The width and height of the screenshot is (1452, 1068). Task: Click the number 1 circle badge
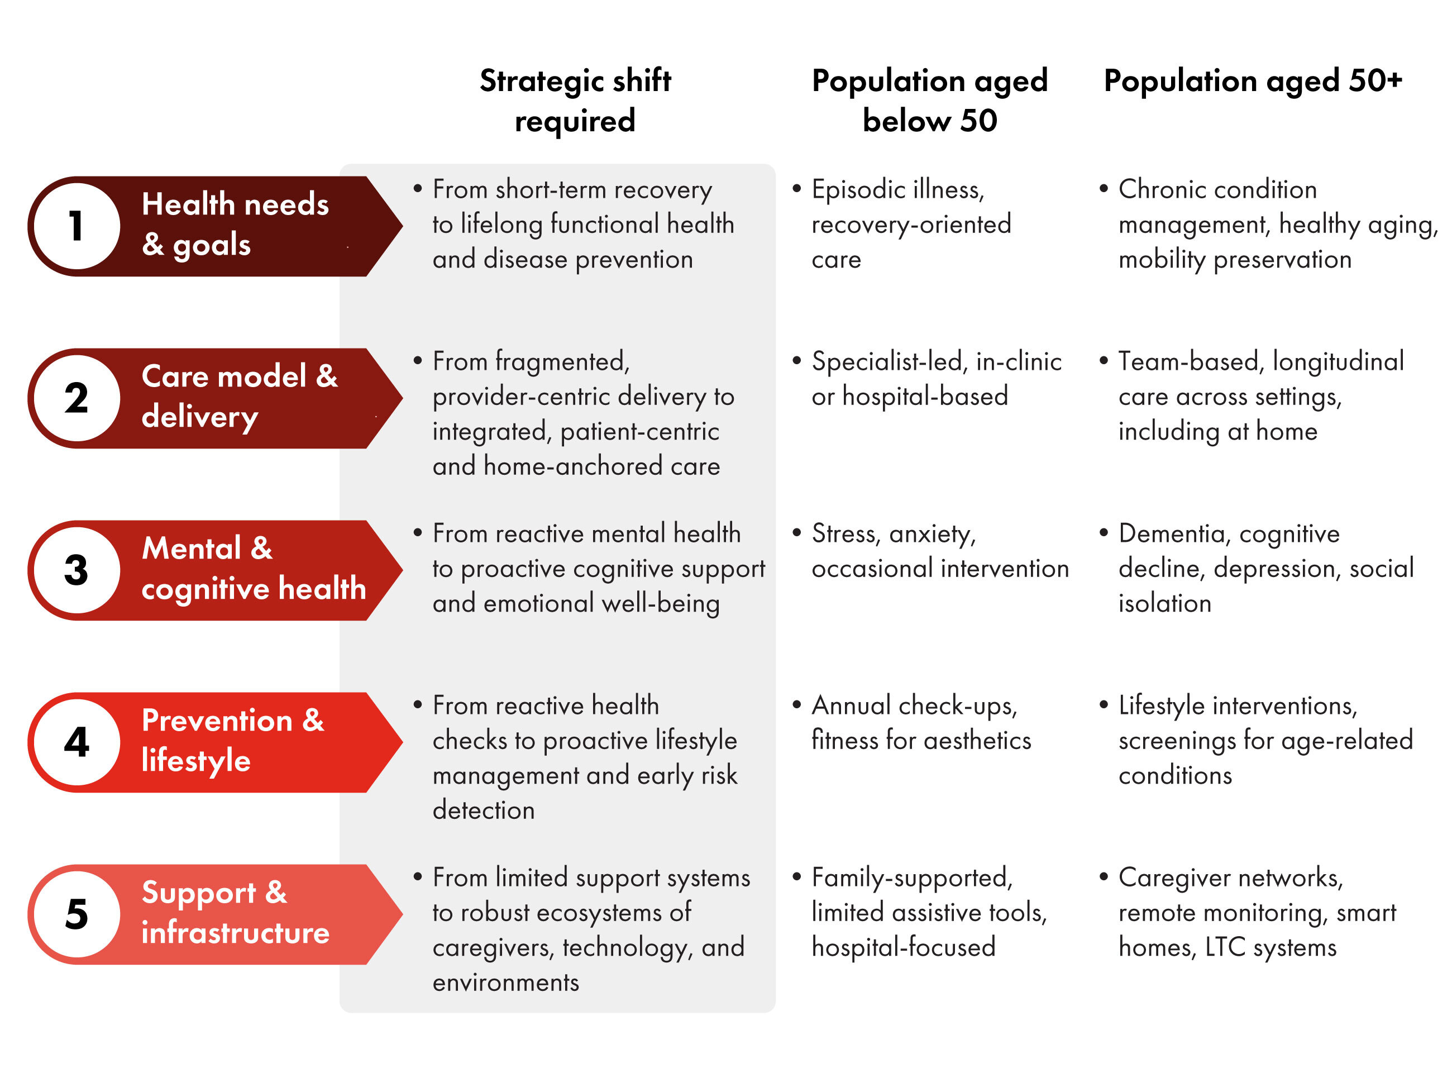(x=77, y=226)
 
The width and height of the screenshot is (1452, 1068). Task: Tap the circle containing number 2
(x=77, y=398)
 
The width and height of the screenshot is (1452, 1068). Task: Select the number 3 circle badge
(x=77, y=570)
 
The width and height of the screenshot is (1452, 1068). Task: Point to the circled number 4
(x=77, y=742)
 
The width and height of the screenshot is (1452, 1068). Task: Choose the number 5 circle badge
(x=77, y=914)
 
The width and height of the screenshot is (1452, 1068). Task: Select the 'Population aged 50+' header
(x=1252, y=81)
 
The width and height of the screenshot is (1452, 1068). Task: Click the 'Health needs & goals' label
(x=235, y=225)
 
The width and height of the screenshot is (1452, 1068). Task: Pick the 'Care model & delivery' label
(x=240, y=396)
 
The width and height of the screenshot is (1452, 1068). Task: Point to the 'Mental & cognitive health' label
(x=254, y=568)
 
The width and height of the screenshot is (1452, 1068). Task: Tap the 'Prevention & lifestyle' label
(x=233, y=740)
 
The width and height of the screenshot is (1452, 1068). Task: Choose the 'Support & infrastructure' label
(x=235, y=912)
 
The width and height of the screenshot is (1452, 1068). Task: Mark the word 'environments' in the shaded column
(x=505, y=983)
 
